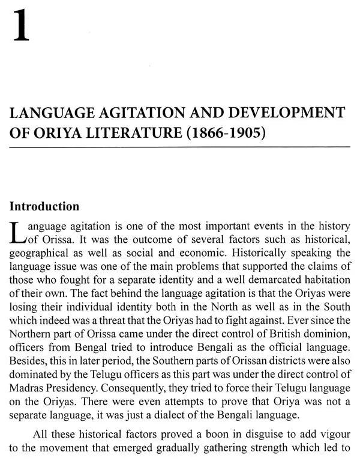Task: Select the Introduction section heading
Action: click(x=44, y=206)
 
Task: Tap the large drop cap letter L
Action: click(x=17, y=234)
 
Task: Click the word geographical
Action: click(x=40, y=253)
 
